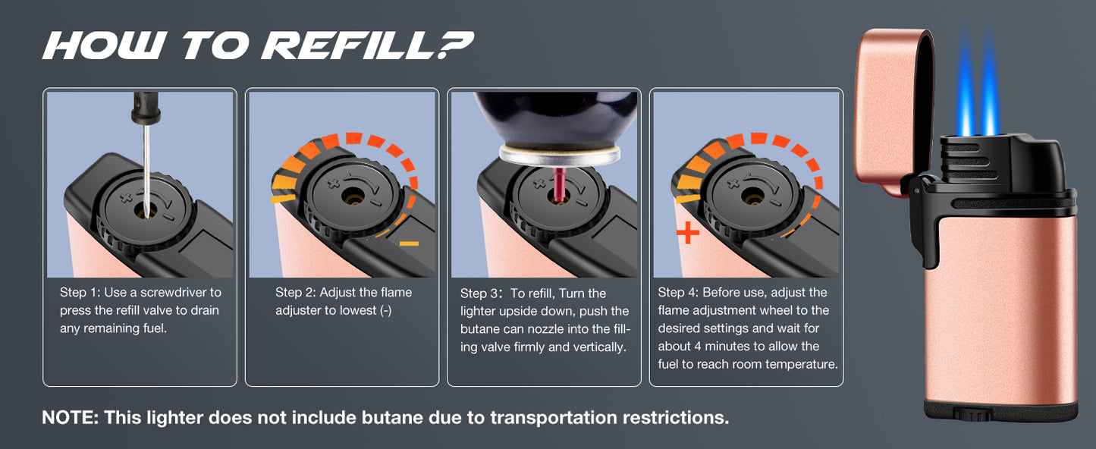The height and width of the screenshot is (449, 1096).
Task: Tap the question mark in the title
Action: pyautogui.click(x=455, y=45)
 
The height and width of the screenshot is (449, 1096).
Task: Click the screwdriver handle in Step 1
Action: pyautogui.click(x=146, y=107)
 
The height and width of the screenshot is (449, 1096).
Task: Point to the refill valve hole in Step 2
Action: pyautogui.click(x=353, y=198)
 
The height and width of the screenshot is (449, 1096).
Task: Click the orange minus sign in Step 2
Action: pyautogui.click(x=409, y=243)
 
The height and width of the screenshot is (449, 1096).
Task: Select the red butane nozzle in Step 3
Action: pyautogui.click(x=559, y=184)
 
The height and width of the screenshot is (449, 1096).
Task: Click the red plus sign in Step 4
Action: pyautogui.click(x=688, y=232)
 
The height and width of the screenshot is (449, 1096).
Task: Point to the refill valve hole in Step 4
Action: pyautogui.click(x=752, y=196)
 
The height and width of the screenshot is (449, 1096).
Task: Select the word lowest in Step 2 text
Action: pyautogui.click(x=356, y=310)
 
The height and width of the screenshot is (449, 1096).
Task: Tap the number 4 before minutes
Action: pyautogui.click(x=698, y=347)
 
